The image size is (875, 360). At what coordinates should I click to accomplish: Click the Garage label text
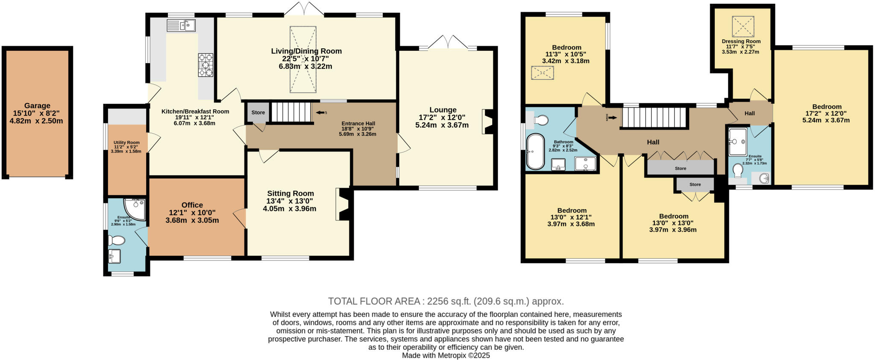coord(37,106)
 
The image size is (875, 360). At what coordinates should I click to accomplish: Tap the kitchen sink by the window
coord(181,26)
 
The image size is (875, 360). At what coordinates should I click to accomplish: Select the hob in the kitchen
coord(206,65)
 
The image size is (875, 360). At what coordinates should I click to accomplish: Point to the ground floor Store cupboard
coord(258,112)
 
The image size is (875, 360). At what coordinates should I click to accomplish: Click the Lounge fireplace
coord(488,122)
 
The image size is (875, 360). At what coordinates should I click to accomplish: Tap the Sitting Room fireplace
coord(343,204)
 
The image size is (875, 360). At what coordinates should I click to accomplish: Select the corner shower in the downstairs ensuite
coord(135,208)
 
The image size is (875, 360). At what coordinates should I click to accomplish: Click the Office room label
coord(192,205)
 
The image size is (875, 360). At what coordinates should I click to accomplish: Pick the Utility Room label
coord(126,143)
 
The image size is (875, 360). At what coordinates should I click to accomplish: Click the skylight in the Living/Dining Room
coord(303,59)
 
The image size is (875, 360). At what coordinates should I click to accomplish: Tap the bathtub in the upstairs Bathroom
coord(535,152)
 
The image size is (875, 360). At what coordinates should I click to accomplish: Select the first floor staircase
coord(653,117)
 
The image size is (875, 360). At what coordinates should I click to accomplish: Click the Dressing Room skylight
coord(743,26)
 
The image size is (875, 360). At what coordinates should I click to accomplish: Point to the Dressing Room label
coord(741,41)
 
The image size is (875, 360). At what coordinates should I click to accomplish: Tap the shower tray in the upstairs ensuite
coord(738,141)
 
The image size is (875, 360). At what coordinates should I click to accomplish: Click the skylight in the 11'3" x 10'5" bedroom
coord(542,73)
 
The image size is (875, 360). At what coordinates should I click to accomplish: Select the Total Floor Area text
coord(446,301)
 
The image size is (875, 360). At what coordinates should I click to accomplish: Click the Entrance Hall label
coord(358,123)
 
